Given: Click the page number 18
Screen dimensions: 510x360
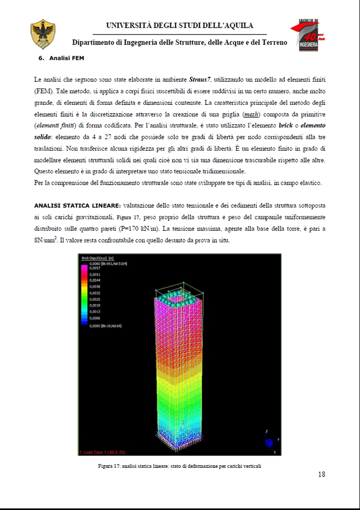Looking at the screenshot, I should point(321,475).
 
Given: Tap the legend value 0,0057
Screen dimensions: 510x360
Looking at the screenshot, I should point(95,268).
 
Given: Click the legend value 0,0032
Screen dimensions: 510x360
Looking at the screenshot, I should point(95,293).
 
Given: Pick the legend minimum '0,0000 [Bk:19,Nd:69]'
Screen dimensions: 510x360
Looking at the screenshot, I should point(105,325).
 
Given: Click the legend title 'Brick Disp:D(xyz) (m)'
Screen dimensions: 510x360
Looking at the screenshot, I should point(97,258).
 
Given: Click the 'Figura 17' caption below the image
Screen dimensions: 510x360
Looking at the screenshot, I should point(179,466).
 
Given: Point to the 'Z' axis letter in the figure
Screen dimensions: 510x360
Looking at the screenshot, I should point(265,431).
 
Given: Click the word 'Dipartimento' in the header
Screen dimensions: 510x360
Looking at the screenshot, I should point(97,43).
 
